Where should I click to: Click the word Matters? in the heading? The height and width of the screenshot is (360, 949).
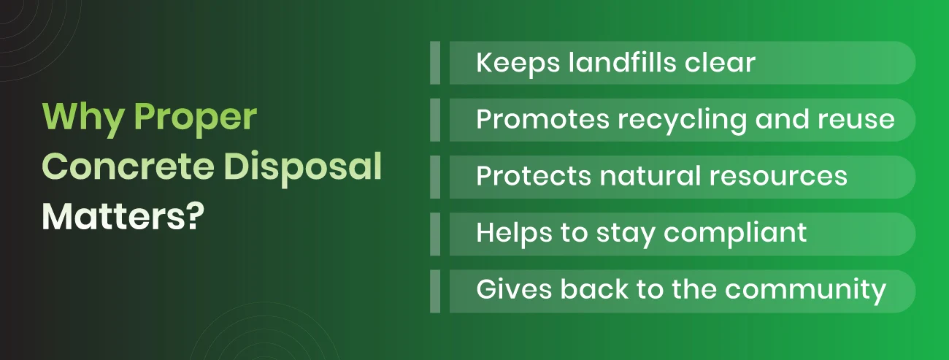(x=121, y=218)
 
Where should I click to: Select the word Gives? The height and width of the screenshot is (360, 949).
(x=513, y=290)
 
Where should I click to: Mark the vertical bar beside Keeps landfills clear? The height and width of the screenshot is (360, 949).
(x=435, y=63)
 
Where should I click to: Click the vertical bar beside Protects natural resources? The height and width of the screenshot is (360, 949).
(x=435, y=177)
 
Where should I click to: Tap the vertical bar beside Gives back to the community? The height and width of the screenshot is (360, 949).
(x=435, y=291)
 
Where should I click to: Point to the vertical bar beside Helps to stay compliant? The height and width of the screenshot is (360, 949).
(x=435, y=234)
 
